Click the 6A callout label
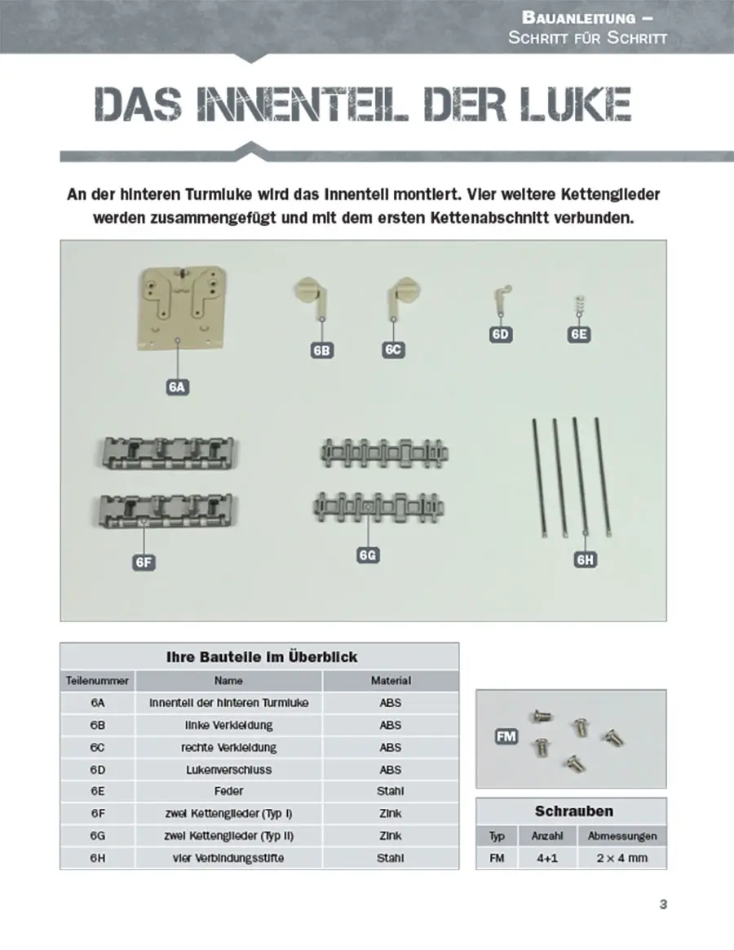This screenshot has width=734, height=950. (x=178, y=387)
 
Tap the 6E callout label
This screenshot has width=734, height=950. (x=579, y=334)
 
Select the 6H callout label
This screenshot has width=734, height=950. (x=586, y=559)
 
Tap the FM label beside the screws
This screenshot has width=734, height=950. (x=506, y=736)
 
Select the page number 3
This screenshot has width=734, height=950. (x=662, y=904)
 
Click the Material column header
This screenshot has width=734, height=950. (x=391, y=680)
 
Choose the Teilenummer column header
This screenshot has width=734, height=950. (x=97, y=680)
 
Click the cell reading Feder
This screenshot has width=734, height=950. (x=228, y=791)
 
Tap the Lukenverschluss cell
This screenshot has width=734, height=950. (x=228, y=769)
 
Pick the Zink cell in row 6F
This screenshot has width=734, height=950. (x=391, y=813)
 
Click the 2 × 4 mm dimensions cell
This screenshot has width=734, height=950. (x=621, y=858)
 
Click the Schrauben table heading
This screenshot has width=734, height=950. (x=573, y=811)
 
